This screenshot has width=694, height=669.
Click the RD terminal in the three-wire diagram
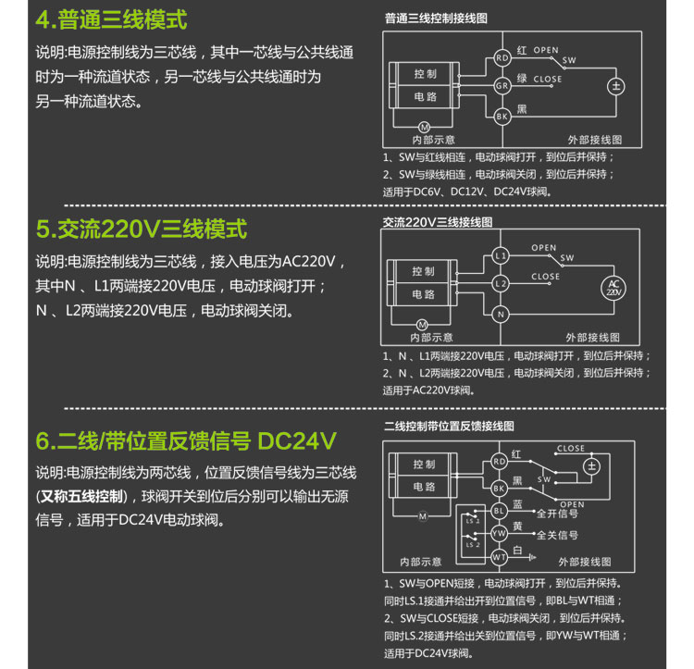(502, 58)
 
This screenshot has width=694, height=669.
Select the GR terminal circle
(502, 86)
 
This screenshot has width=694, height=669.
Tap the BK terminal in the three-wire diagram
(502, 117)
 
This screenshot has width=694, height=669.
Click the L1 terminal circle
(501, 255)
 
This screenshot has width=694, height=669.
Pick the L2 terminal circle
(501, 284)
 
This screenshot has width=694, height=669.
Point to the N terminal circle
(501, 315)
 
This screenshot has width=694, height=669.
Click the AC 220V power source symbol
(613, 288)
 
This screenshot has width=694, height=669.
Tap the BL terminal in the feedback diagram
(500, 511)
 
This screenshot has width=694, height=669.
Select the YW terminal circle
(500, 533)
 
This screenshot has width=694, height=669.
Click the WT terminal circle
(500, 557)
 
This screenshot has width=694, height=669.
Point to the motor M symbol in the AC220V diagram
(422, 325)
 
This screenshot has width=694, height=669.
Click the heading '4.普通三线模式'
(112, 20)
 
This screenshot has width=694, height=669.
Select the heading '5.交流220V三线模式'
(142, 229)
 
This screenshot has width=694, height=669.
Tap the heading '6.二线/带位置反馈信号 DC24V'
(186, 440)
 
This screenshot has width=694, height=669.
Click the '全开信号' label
(557, 514)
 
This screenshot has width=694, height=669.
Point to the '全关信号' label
(557, 536)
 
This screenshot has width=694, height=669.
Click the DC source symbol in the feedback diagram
(592, 466)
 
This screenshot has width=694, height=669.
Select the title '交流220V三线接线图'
(438, 222)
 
